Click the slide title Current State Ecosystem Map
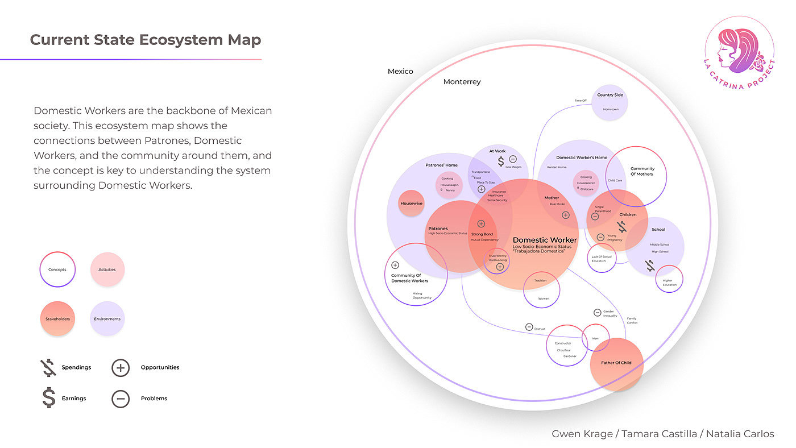coord(146,40)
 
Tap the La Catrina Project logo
coord(739,50)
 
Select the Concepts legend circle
coord(57,269)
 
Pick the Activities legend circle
coord(107,269)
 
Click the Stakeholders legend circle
coord(57,319)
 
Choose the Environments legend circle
coord(107,319)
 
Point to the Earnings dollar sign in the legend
coord(49,397)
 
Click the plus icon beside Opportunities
coord(121,368)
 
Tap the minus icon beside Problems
coord(121,399)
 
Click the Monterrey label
coord(462,82)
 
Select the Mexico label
coord(400,72)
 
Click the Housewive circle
coord(412,204)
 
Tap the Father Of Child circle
coord(616,363)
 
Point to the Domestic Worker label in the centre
coord(545,240)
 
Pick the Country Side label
coord(610,95)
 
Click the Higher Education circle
coord(669,279)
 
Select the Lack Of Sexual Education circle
coord(602,258)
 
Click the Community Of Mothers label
coord(642,171)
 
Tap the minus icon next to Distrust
coord(529,327)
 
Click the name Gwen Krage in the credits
coord(582,434)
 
